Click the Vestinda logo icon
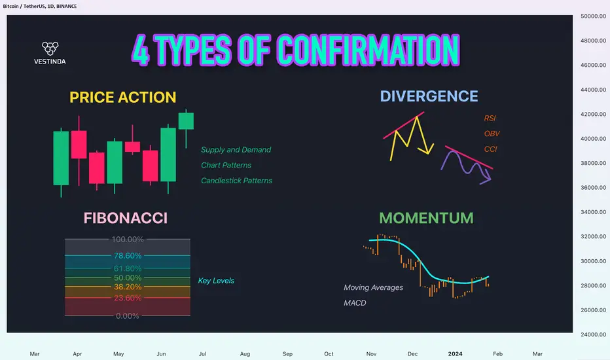coord(50,48)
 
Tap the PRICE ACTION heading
coord(123,98)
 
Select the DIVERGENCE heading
coord(429,96)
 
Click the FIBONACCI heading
coord(126,218)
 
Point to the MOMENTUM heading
coord(426,218)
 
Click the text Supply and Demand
coord(236,150)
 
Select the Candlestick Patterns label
coord(236,181)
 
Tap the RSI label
coord(490,118)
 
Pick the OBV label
coord(492,134)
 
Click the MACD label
coord(355,303)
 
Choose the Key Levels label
coord(216,281)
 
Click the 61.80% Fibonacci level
coord(128,268)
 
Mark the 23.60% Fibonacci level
coord(128,298)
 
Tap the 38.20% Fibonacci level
coord(128,287)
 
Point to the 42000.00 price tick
coord(593,114)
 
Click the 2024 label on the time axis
coord(455,353)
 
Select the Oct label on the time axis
coord(329,353)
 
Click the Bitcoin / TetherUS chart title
coord(40,7)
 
